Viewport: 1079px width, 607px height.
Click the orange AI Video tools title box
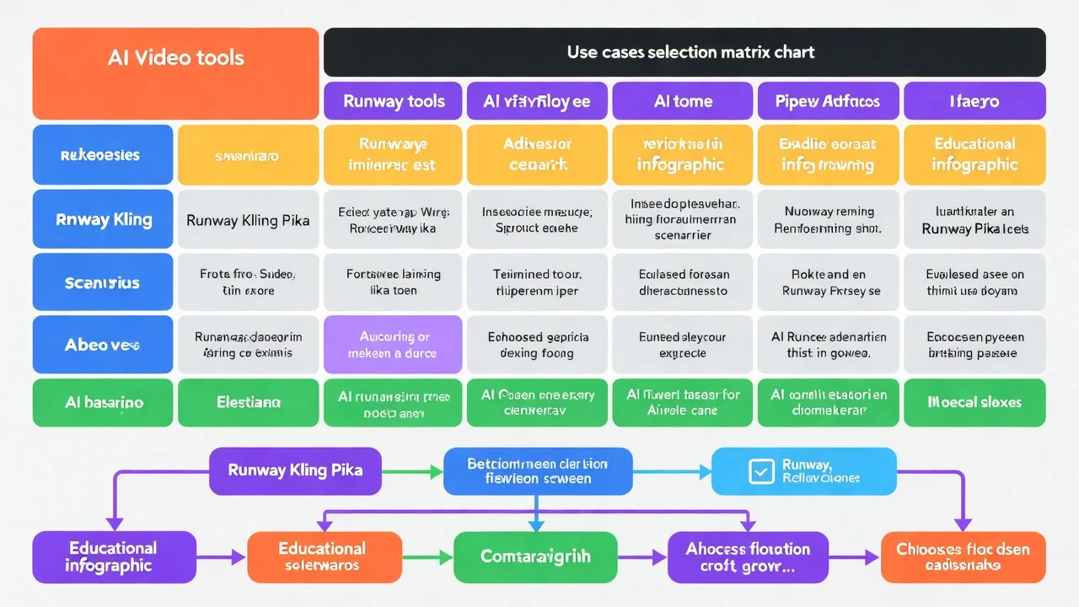(175, 73)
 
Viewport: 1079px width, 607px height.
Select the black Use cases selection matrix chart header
(684, 52)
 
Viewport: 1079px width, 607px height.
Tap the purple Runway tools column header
(393, 101)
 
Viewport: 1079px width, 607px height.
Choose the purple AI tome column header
(683, 101)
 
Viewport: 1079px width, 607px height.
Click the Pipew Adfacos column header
(828, 101)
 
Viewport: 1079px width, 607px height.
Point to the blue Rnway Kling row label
(103, 219)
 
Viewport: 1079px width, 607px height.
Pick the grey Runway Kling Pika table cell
(248, 220)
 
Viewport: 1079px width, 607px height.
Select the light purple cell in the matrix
(393, 344)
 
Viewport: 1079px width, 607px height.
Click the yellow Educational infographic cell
(974, 154)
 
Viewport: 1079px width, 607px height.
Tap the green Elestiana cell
(248, 403)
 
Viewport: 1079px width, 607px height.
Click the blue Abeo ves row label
(103, 344)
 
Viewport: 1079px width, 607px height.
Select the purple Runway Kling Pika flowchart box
(295, 470)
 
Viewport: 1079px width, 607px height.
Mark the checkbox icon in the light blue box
(761, 471)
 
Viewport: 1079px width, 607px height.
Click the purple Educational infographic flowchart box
(113, 556)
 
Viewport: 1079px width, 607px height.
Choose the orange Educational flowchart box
(324, 556)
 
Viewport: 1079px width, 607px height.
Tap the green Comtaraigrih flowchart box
(535, 556)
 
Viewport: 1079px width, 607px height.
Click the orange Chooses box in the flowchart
(963, 556)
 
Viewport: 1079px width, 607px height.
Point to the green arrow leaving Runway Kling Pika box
(412, 471)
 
